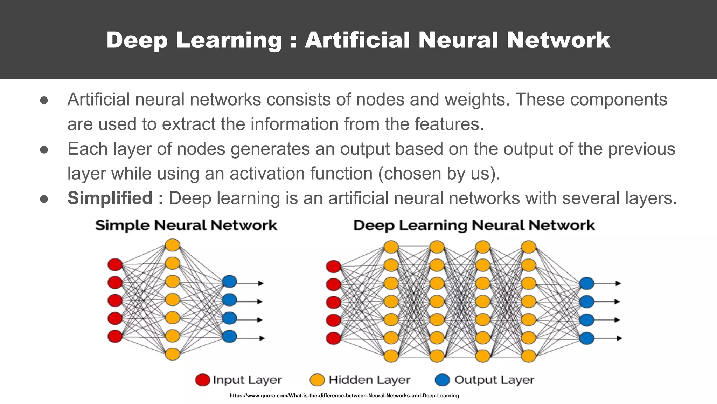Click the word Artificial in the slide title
(x=357, y=40)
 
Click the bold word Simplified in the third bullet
(x=110, y=198)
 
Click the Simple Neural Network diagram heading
(x=186, y=225)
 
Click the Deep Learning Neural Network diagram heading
(x=474, y=225)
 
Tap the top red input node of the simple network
(x=115, y=264)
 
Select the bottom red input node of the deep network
(x=333, y=338)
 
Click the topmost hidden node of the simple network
(x=172, y=245)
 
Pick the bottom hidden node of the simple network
(x=172, y=354)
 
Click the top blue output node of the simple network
(x=230, y=281)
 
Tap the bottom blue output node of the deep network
(x=587, y=338)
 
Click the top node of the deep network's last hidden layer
(x=529, y=247)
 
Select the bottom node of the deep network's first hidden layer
(x=391, y=356)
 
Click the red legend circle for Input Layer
(x=202, y=380)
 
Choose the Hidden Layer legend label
(x=369, y=380)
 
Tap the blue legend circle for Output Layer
(x=442, y=380)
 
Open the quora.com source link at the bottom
(x=344, y=396)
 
